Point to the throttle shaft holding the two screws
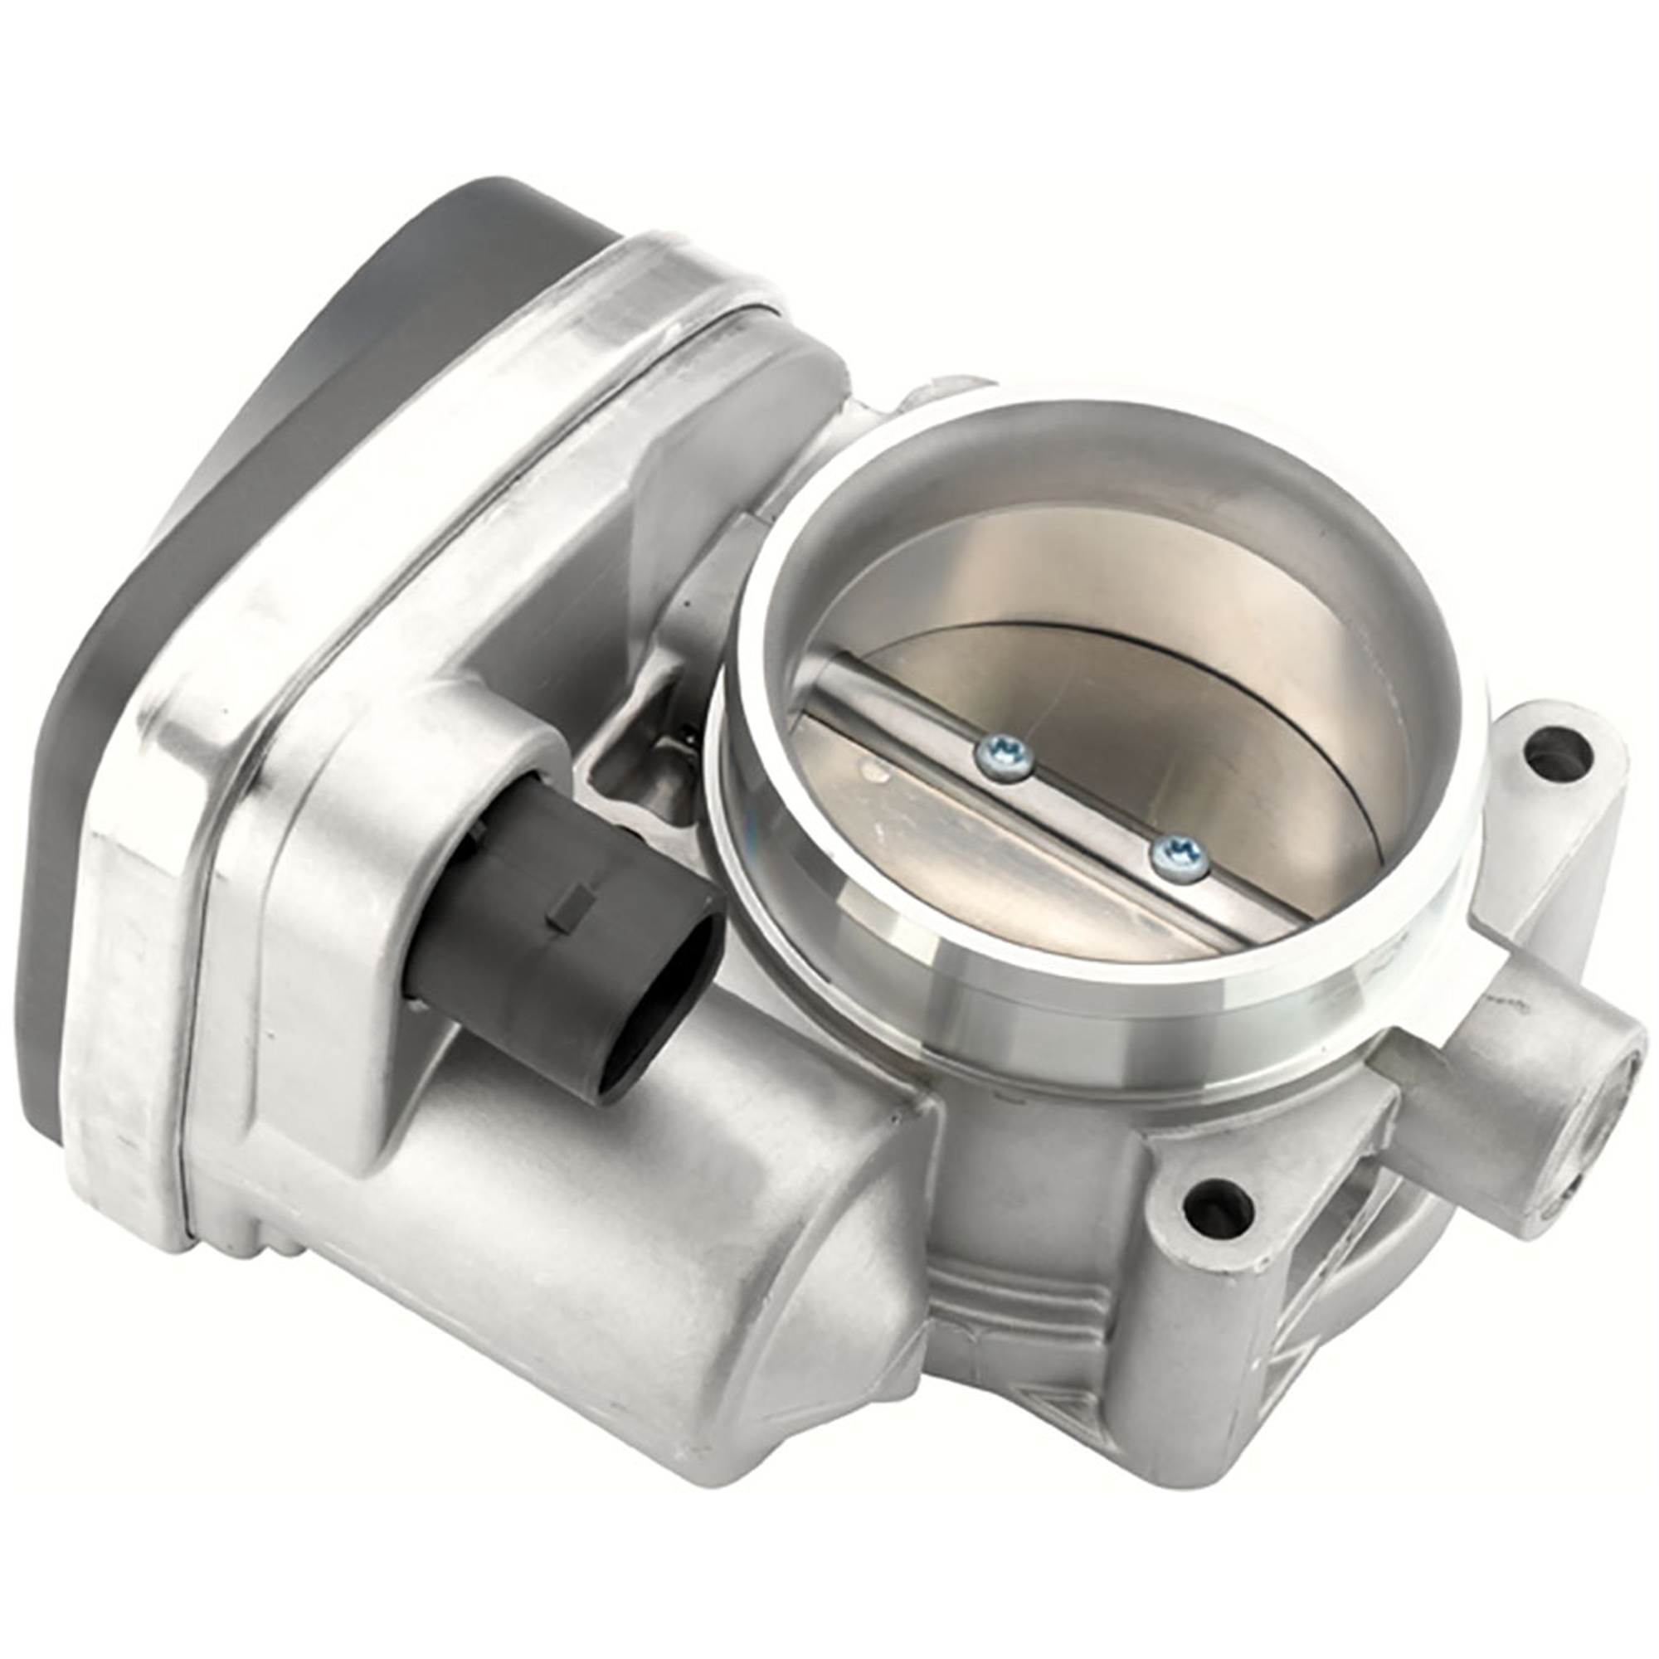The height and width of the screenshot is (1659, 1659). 1091,807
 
